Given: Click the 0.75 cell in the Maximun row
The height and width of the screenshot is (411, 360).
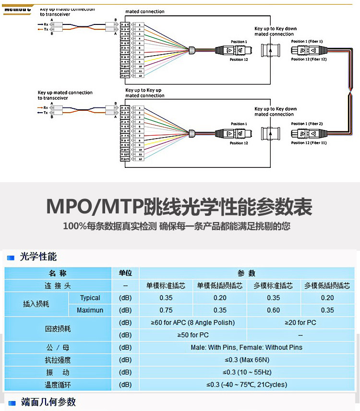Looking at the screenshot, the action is tap(166, 310).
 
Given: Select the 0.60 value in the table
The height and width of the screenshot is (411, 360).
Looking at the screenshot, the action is tap(273, 310).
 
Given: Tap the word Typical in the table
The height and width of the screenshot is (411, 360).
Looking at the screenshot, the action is tap(90, 298).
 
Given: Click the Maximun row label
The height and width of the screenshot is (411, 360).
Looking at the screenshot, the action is tap(90, 310).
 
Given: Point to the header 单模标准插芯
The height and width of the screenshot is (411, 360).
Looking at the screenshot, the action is tap(166, 286).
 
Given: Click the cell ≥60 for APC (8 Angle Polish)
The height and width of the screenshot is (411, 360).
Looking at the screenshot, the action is tap(193, 323).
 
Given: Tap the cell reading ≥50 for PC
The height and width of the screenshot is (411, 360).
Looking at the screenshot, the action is tap(193, 335).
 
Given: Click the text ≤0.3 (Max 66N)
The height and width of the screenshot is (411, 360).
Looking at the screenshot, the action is tap(247, 360).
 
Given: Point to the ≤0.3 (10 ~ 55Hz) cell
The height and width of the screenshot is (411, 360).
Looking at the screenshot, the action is tap(247, 372).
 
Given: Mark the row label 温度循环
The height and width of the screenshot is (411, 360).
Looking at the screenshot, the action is tap(58, 385).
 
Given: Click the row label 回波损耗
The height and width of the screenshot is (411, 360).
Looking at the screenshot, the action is tap(58, 329).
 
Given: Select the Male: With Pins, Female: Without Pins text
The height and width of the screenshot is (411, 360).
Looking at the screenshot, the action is tap(247, 347).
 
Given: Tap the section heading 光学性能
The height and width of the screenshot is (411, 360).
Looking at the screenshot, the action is tap(38, 258).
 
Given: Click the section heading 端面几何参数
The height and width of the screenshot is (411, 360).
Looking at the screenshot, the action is tap(48, 402).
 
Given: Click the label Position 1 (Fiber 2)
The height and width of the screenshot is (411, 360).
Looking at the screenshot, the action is tap(307, 124).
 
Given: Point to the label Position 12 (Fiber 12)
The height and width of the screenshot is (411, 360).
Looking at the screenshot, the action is tap(309, 59).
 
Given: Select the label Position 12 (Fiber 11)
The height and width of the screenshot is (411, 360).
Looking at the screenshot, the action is tap(309, 142).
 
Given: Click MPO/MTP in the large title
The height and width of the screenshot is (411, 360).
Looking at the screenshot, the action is tap(91, 207).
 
